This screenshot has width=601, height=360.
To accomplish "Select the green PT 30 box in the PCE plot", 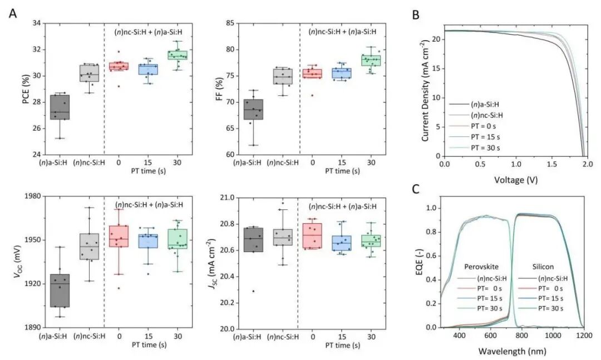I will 178,55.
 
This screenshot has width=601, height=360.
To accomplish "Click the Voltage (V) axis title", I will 514,181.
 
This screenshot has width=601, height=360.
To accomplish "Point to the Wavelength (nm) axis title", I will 514,352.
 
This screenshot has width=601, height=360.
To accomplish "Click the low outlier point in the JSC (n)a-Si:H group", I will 254,291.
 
